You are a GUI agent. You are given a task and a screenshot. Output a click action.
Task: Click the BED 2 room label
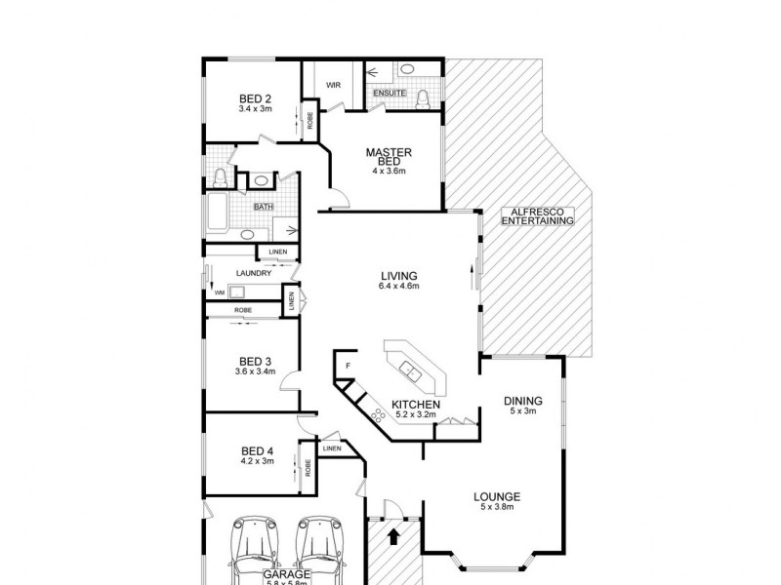(255, 97)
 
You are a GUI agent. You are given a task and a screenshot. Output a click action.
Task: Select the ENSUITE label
(389, 93)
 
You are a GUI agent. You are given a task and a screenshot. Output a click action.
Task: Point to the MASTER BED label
(388, 156)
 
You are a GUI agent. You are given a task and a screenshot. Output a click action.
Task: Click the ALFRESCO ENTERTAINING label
(535, 216)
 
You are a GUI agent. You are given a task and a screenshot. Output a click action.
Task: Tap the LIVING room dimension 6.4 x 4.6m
(399, 287)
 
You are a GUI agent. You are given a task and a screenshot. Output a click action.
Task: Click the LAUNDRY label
(226, 274)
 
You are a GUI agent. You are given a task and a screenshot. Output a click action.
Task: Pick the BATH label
(263, 207)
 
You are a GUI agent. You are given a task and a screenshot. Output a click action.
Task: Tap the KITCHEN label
(416, 404)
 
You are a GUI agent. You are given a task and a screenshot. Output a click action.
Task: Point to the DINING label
(522, 401)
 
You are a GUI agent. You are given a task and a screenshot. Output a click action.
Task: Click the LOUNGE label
(497, 495)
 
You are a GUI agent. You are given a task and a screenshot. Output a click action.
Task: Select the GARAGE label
(285, 575)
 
